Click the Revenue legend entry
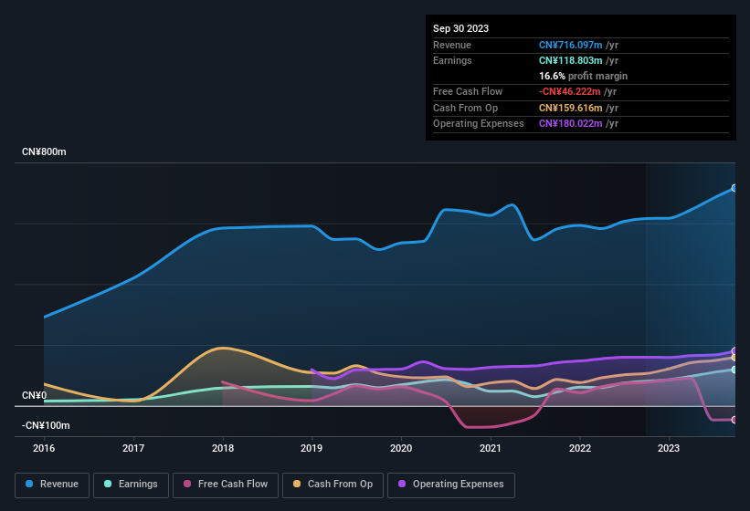(53, 484)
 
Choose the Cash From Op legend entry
(332, 484)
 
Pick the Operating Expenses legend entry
(450, 484)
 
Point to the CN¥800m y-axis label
(45, 151)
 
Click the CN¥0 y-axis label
(34, 395)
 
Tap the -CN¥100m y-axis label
(45, 425)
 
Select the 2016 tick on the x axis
(44, 448)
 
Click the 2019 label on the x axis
(312, 448)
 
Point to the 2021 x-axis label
(491, 448)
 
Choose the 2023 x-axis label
(669, 448)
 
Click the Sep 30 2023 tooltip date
(461, 28)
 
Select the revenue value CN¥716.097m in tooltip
(571, 45)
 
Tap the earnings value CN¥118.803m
(571, 60)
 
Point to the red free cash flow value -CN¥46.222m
(570, 92)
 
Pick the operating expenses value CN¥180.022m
(571, 123)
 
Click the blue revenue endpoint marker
(734, 188)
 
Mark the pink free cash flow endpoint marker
(734, 420)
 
